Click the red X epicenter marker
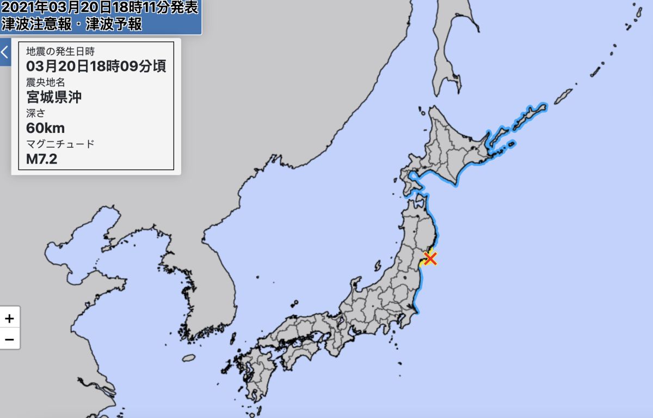(430, 258)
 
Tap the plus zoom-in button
(9, 318)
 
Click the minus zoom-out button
(9, 339)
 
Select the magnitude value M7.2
(42, 159)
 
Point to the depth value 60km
(45, 129)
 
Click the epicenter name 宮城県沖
(54, 98)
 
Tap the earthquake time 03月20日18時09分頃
(96, 66)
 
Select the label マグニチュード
(60, 144)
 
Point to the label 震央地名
(46, 82)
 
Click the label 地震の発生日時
(60, 52)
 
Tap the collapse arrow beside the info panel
(5, 52)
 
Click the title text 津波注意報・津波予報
(72, 24)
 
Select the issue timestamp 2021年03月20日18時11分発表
(100, 8)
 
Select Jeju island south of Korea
(188, 358)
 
